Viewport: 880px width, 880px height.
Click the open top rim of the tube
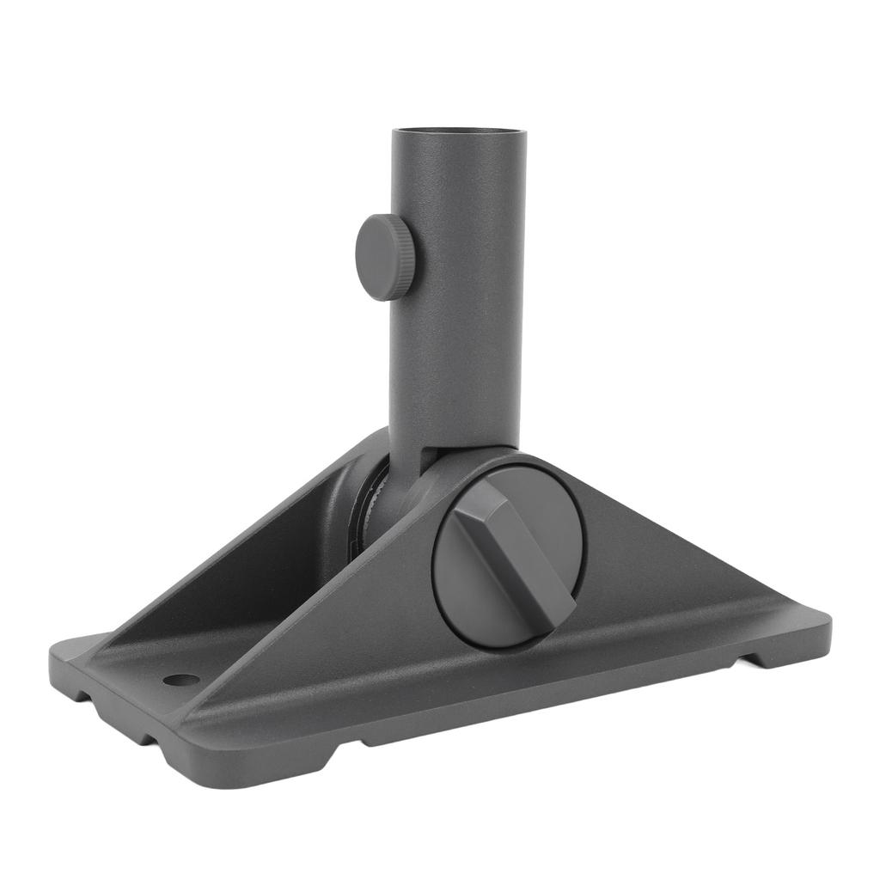click(x=458, y=131)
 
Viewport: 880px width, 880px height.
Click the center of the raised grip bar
click(x=513, y=554)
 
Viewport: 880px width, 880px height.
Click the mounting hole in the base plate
click(x=180, y=680)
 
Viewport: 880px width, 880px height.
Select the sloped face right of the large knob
click(x=670, y=559)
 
